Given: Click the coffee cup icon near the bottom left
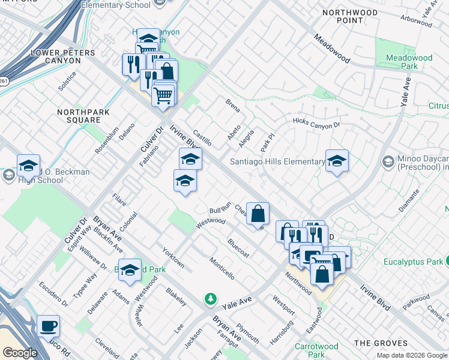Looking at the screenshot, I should [48, 326].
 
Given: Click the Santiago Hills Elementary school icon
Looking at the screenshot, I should [337, 160].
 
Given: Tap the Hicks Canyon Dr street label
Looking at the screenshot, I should [316, 123].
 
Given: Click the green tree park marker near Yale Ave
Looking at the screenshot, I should [210, 298].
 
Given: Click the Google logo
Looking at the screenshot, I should [20, 353].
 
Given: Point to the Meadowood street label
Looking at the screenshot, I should [332, 48].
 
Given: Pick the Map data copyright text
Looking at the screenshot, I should [412, 355].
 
